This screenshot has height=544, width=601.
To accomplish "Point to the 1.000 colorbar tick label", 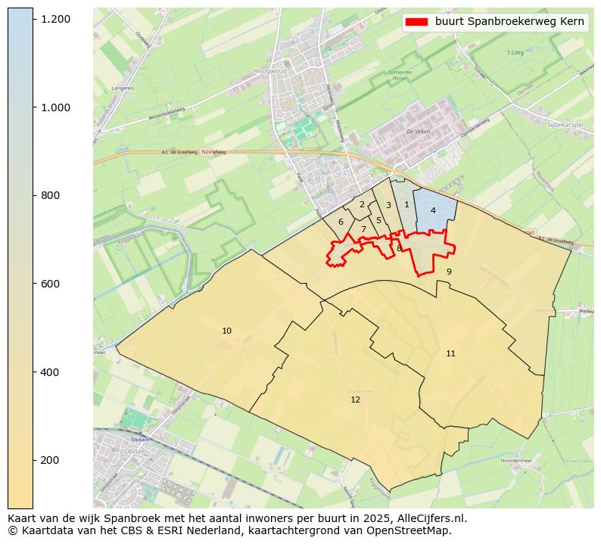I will (x=55, y=107).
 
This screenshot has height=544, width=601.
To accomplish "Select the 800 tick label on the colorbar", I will (x=50, y=195).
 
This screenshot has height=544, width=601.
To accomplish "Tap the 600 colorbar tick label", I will (x=50, y=284).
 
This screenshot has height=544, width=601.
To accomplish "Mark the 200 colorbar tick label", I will (x=50, y=460).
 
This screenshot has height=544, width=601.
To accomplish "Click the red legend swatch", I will (x=416, y=22).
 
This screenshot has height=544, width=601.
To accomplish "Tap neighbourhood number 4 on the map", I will (x=433, y=210).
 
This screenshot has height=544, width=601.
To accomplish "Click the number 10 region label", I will (x=226, y=331).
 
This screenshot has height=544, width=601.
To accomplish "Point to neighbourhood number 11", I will (x=450, y=353).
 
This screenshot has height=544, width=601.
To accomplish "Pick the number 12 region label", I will (x=355, y=399).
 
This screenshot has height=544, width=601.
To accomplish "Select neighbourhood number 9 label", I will (x=449, y=272).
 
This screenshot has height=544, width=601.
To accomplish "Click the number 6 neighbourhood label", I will (x=341, y=222).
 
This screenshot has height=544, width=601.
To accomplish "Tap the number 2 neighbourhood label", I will (x=362, y=204).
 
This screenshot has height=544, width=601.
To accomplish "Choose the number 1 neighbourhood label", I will (x=406, y=204).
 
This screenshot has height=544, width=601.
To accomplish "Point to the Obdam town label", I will (x=139, y=439).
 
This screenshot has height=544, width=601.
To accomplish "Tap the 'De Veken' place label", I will (x=417, y=131).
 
